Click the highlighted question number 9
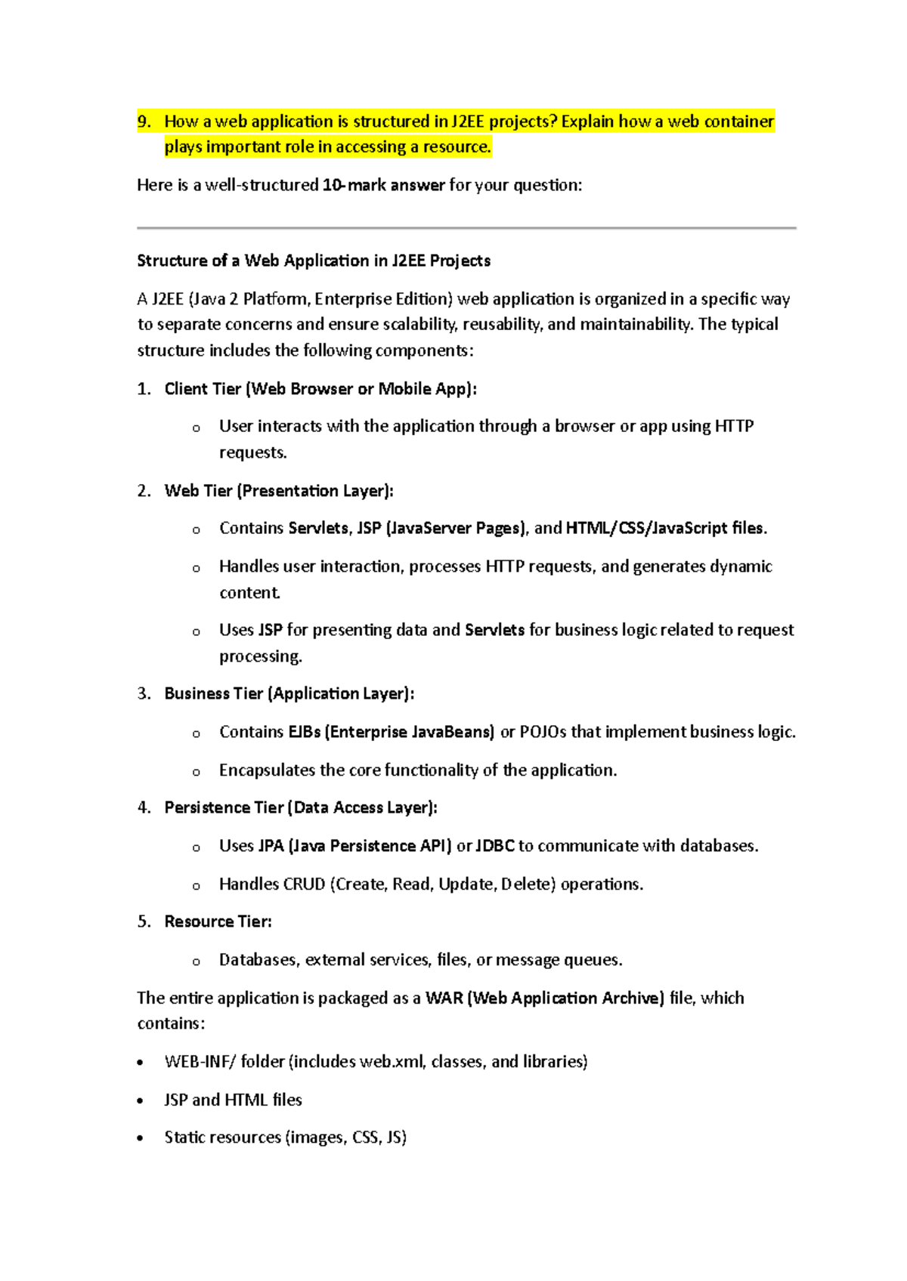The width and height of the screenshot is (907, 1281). (144, 122)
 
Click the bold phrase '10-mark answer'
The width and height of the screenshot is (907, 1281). (383, 185)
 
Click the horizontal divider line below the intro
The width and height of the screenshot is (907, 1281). (466, 227)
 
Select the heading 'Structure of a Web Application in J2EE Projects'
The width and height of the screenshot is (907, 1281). (314, 261)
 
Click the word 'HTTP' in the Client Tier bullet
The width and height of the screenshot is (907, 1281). (734, 426)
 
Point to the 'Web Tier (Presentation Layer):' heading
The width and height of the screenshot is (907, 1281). (279, 491)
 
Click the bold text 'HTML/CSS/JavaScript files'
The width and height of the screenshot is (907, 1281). (665, 528)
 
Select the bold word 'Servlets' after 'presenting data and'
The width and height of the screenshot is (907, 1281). (494, 630)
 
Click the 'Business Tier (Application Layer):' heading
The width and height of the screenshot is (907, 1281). (289, 693)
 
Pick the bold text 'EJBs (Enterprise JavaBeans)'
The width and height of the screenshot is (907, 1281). (392, 732)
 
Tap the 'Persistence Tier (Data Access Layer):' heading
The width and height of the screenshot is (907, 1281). (301, 807)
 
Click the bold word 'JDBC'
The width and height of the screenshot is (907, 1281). (495, 846)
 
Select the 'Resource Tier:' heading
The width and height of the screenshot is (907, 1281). (218, 921)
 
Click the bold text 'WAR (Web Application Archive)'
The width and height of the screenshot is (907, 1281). (545, 998)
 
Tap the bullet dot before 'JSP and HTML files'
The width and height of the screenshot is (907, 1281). (141, 1100)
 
